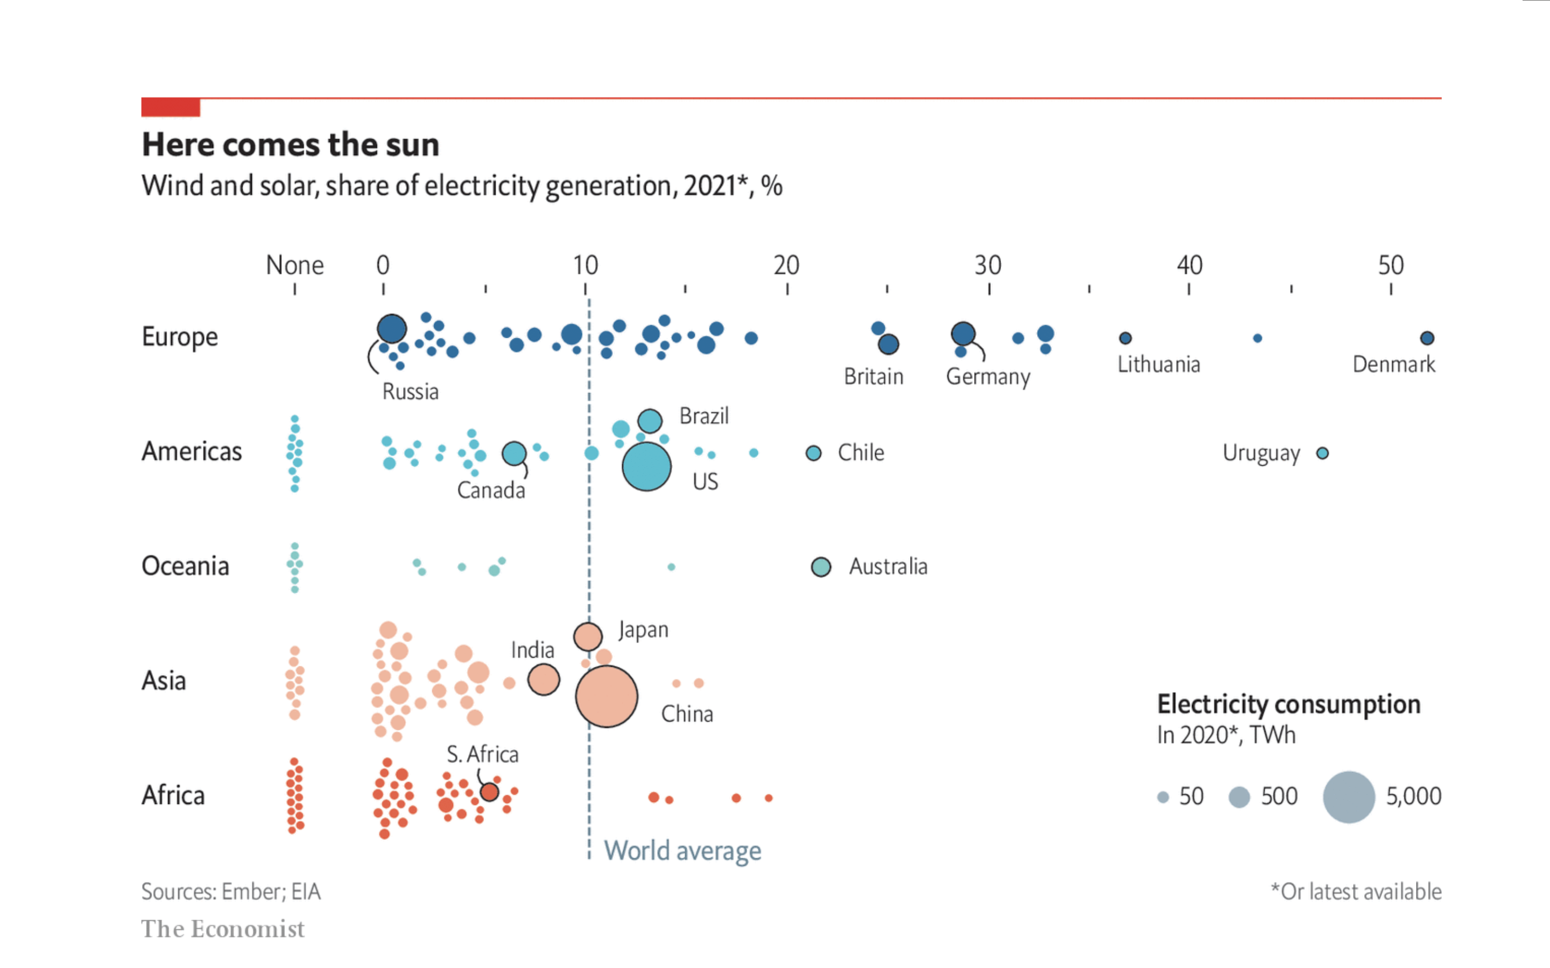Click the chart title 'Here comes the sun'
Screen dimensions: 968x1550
[290, 145]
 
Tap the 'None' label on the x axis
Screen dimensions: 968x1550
[294, 265]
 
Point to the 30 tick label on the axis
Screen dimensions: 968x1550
[988, 265]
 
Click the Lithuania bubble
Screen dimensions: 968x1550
[1125, 338]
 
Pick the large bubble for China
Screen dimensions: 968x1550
[607, 696]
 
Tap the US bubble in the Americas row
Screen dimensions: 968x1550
[646, 467]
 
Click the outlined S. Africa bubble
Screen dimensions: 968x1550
[489, 792]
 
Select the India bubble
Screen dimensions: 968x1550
[544, 679]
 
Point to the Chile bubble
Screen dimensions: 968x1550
[813, 453]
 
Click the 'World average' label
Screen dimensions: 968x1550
[683, 851]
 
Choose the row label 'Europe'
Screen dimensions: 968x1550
[179, 337]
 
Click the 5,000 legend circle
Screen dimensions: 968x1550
[1349, 797]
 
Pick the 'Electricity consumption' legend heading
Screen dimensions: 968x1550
[1288, 704]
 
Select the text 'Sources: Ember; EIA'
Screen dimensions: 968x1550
[230, 892]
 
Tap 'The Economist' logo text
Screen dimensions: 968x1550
[223, 929]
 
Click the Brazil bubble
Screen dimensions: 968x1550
[650, 421]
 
